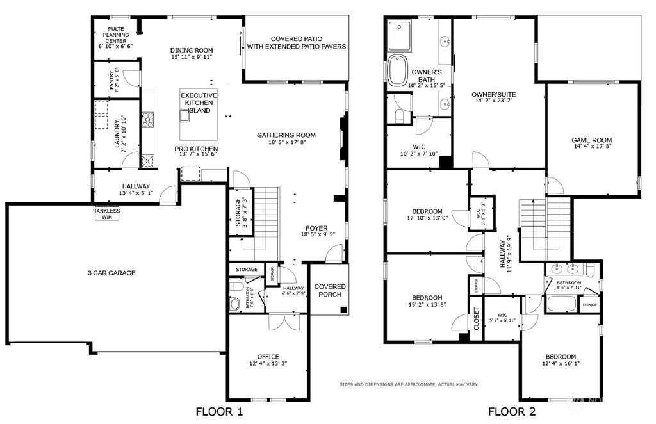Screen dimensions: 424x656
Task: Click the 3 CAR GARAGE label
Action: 111,273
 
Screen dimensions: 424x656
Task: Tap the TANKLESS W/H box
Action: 107,213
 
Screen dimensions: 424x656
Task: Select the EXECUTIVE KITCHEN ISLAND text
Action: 199,102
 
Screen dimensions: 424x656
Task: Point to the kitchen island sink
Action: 186,115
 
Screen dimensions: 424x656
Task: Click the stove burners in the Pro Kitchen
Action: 147,120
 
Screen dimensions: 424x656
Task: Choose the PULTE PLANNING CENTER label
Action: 116,37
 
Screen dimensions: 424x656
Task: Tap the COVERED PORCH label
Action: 330,290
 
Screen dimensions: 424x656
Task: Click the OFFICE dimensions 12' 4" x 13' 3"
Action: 268,364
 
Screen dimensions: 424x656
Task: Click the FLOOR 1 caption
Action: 219,412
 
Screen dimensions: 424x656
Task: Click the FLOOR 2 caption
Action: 512,412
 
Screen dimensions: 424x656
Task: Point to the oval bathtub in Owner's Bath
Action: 395,69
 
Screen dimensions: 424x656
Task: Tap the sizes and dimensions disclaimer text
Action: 409,384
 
